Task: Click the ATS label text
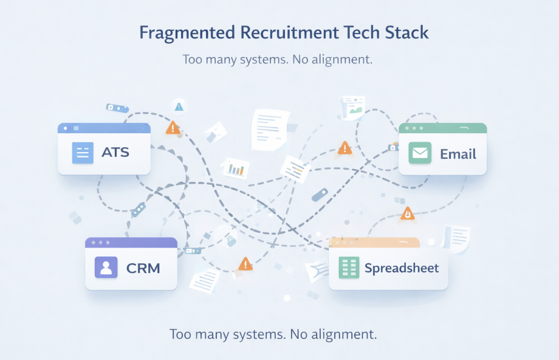(x=115, y=151)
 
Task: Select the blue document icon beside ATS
(x=82, y=152)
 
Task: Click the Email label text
(x=458, y=153)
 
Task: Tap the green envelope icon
(x=420, y=153)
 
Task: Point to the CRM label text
(x=143, y=268)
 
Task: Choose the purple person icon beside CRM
(x=106, y=268)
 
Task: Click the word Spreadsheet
(x=402, y=268)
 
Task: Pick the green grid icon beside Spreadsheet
(x=349, y=268)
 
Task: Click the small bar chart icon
(x=236, y=168)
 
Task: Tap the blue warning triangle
(x=179, y=106)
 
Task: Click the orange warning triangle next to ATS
(x=173, y=128)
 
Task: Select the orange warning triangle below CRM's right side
(x=245, y=264)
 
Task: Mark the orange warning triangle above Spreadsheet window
(x=407, y=213)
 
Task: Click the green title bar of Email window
(x=442, y=128)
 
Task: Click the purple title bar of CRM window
(x=131, y=243)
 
